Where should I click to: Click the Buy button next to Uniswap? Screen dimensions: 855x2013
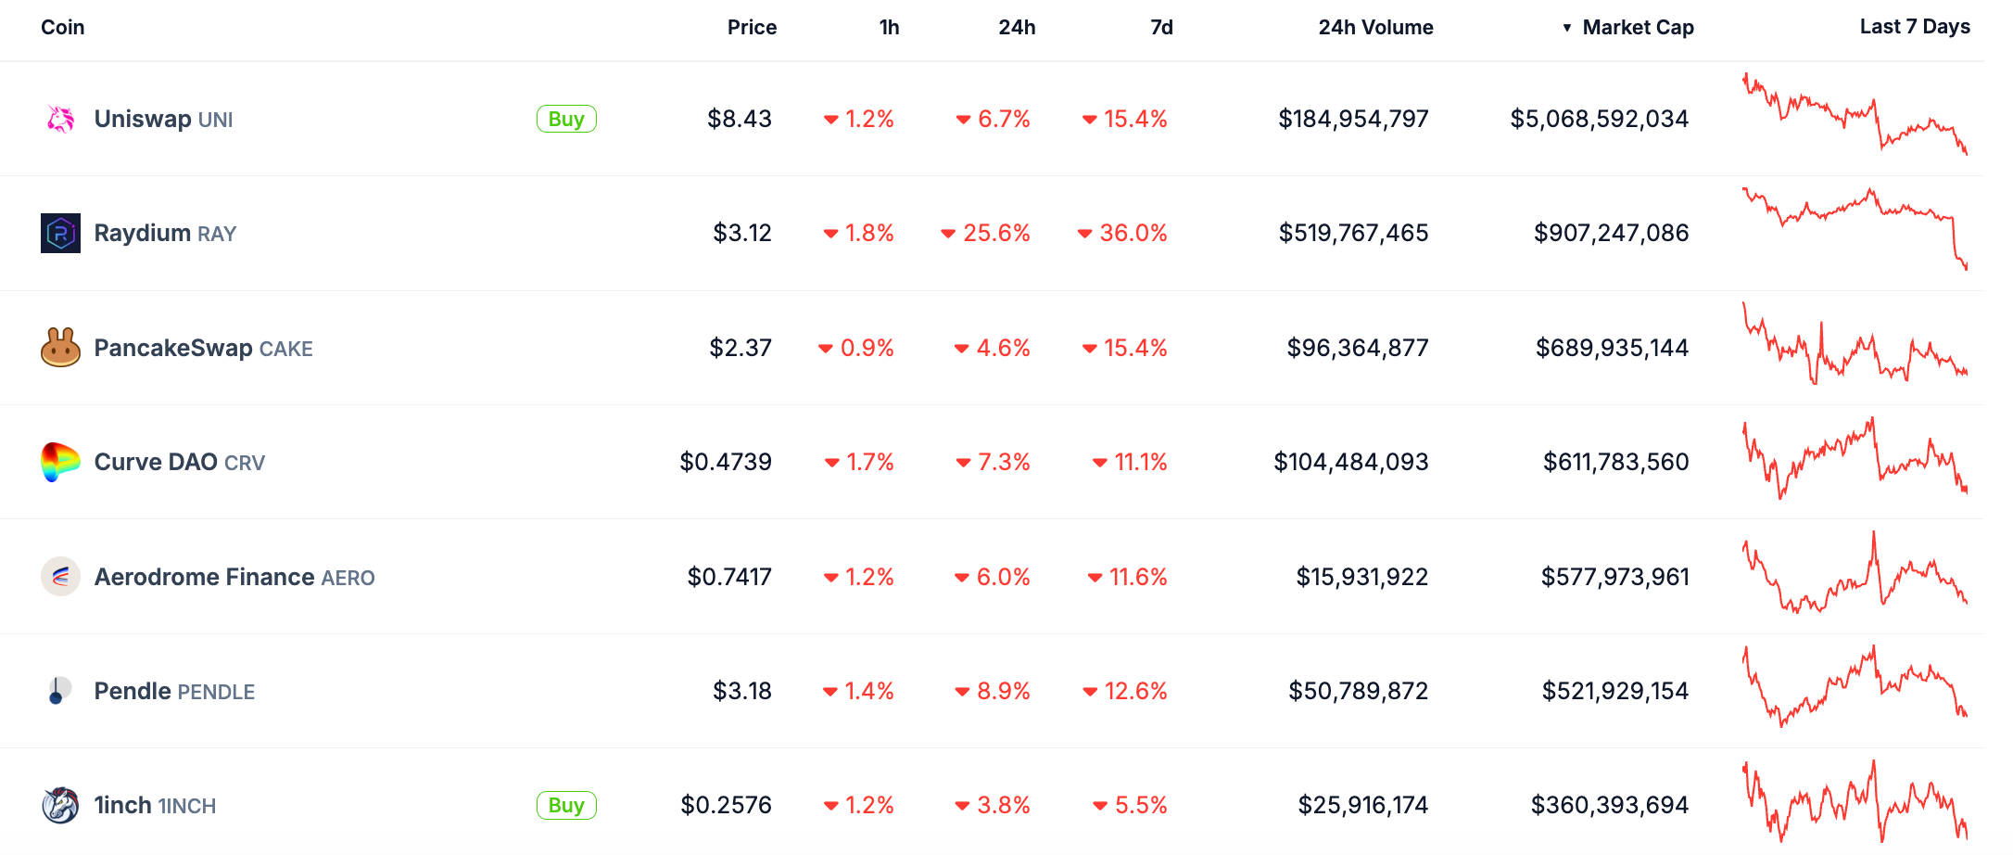click(x=566, y=119)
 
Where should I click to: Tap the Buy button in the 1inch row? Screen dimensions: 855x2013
click(x=566, y=805)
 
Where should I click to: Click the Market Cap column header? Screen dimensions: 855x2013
click(x=1638, y=28)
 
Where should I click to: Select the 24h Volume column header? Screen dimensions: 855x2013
click(x=1375, y=28)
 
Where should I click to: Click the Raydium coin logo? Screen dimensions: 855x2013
click(x=60, y=233)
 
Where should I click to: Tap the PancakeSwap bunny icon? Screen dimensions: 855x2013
click(x=60, y=348)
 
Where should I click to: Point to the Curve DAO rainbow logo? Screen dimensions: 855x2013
click(x=60, y=462)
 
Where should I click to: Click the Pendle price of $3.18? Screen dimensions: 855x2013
click(x=741, y=691)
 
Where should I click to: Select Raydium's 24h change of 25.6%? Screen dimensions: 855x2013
click(x=995, y=233)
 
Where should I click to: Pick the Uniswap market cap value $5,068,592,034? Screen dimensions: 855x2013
click(x=1599, y=119)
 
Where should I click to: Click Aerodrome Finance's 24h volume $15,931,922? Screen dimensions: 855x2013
click(x=1361, y=577)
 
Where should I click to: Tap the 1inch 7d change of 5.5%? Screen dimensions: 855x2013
click(x=1140, y=805)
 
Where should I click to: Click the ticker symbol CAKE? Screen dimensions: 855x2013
click(x=285, y=349)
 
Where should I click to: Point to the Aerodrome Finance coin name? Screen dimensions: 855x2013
click(x=205, y=577)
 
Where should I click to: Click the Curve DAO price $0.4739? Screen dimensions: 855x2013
click(x=726, y=462)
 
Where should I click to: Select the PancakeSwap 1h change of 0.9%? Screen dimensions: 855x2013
click(x=866, y=348)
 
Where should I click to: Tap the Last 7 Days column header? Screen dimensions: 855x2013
click(x=1915, y=27)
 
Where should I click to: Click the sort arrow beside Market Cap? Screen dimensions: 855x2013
click(x=1566, y=28)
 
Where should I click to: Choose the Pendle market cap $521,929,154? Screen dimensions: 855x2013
click(x=1614, y=691)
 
